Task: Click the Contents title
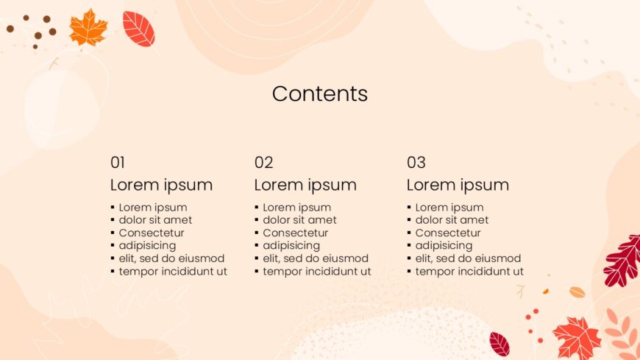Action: [x=320, y=93]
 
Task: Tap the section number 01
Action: [x=118, y=163]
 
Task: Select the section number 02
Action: [x=263, y=163]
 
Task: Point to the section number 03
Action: [x=416, y=163]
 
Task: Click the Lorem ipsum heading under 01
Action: [x=161, y=185]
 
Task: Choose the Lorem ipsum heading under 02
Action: [x=305, y=185]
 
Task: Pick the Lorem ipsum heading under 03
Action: [x=458, y=185]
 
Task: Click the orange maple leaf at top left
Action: [x=88, y=28]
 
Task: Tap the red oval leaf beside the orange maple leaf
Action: [x=139, y=29]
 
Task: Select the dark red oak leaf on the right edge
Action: [x=623, y=261]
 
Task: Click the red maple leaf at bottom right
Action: [x=577, y=337]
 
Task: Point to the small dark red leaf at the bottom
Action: [x=499, y=344]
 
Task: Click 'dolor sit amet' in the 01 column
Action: [x=155, y=220]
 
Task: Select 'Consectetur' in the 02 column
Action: [x=296, y=233]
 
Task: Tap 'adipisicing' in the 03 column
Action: [x=444, y=246]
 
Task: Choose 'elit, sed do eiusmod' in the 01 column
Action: [x=172, y=258]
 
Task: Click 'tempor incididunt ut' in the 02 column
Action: [x=317, y=272]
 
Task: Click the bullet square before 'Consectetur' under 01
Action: [x=113, y=233]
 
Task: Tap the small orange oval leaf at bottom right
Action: [x=577, y=292]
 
